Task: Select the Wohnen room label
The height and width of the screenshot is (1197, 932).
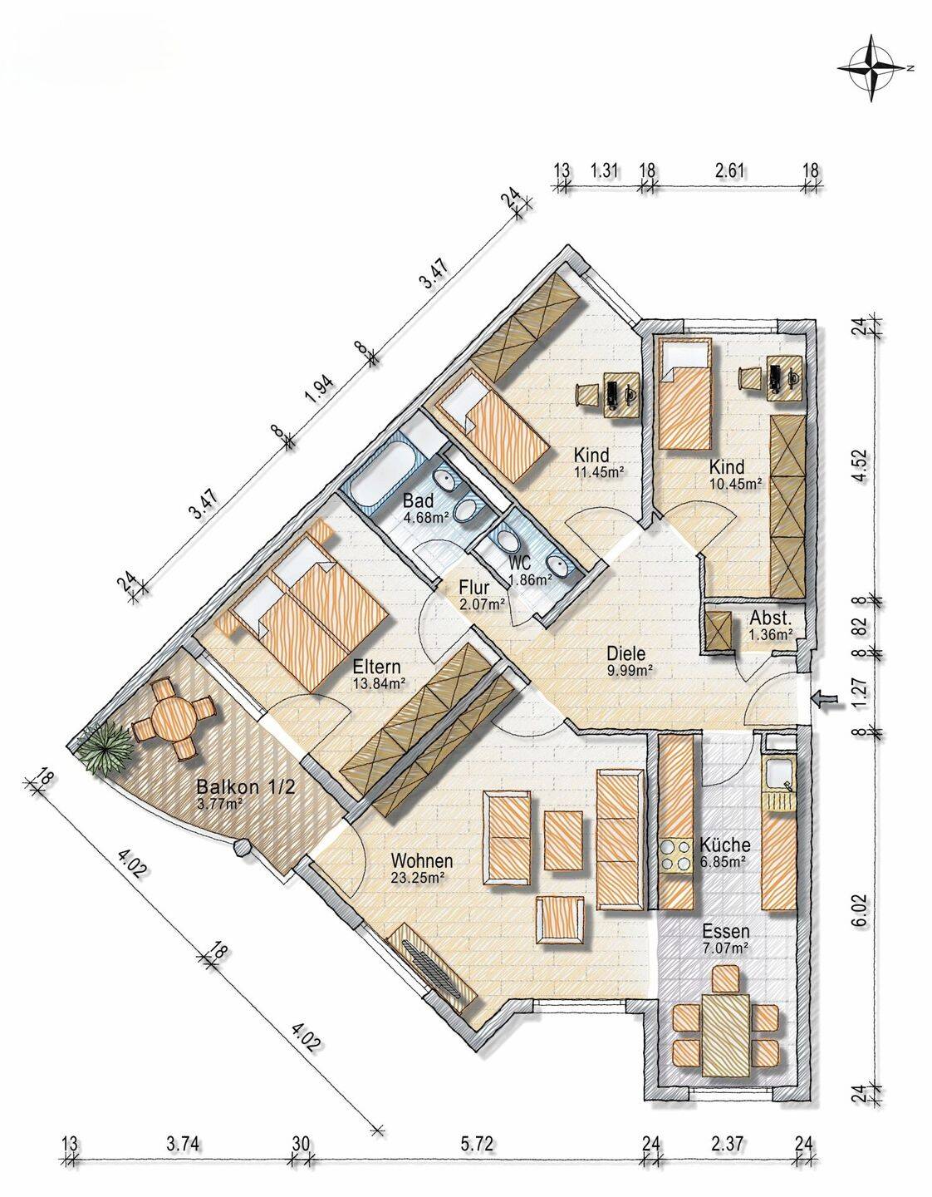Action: coord(422,860)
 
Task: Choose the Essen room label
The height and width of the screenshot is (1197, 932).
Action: coord(725,932)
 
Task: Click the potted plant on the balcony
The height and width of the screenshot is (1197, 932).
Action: coord(105,747)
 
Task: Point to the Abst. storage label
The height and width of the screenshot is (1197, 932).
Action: coord(770,619)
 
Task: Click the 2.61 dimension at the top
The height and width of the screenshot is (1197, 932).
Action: coord(729,170)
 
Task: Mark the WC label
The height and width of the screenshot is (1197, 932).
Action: coord(520,563)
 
